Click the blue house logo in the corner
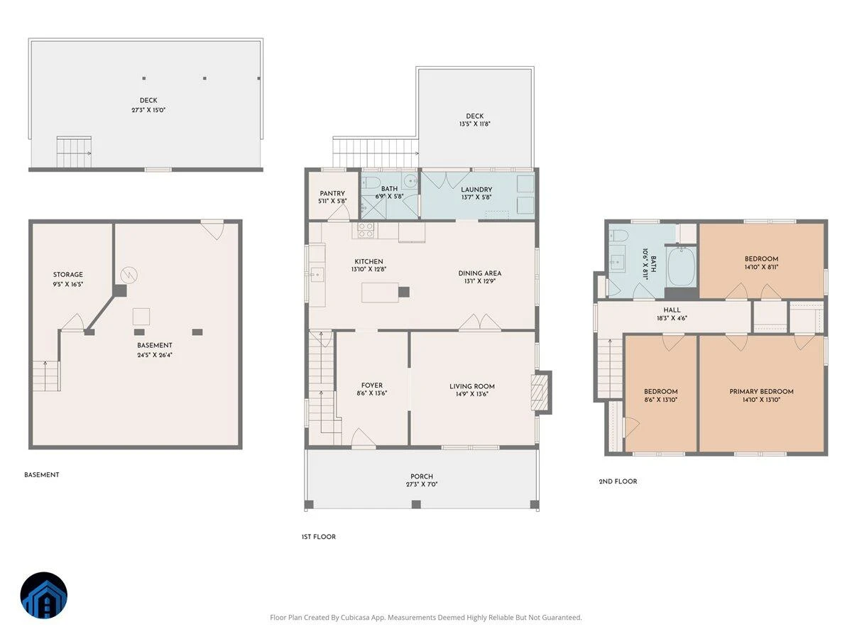(43, 595)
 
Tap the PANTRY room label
(332, 193)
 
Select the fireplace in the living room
(541, 392)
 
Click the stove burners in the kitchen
(365, 230)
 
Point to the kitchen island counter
(380, 292)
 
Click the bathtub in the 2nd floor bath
(681, 266)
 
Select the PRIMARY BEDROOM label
(761, 391)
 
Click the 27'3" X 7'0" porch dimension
(422, 484)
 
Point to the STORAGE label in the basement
(68, 275)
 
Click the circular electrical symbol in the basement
(129, 275)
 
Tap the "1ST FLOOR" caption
(318, 537)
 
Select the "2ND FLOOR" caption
(618, 481)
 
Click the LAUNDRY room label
(476, 190)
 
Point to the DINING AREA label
(479, 273)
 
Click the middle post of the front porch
(416, 504)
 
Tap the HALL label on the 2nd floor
(672, 310)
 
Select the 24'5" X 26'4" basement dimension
(155, 355)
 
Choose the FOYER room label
(372, 386)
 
